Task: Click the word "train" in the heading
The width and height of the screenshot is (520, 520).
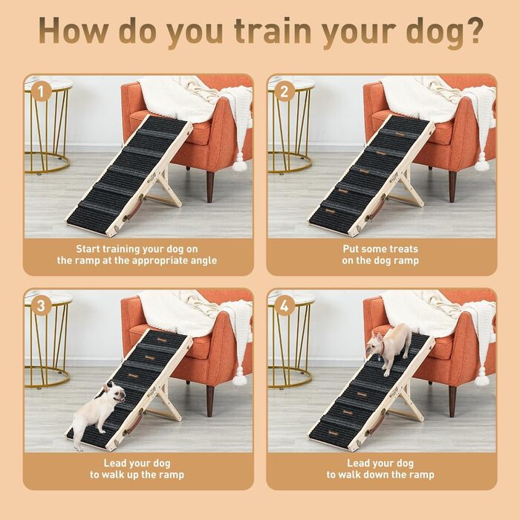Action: coord(273,30)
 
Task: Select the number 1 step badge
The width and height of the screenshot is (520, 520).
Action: coord(41,91)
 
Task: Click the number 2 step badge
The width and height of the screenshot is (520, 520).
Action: coord(285,91)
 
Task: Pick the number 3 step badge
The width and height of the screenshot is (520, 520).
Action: coord(41,306)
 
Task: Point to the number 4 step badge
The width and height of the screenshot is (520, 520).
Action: coord(285,306)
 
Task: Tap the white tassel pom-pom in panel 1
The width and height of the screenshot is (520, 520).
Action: coord(240,163)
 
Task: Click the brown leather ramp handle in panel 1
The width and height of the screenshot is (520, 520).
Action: coord(134,207)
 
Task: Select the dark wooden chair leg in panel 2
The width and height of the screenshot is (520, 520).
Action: coord(452,186)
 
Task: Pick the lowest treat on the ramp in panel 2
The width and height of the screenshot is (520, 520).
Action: coord(331,210)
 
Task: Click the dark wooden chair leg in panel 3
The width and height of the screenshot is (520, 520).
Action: coord(210,400)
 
